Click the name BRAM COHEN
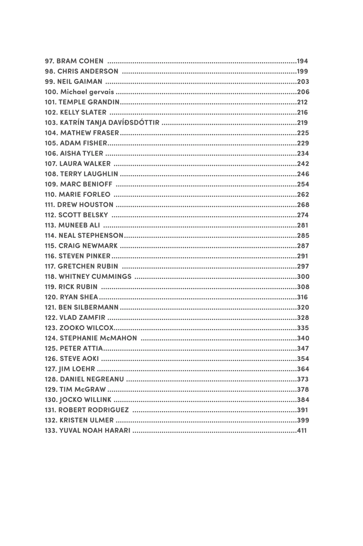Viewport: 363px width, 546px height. (x=80, y=61)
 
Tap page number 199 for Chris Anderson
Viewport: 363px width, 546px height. (x=303, y=71)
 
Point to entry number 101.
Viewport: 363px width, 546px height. (x=50, y=102)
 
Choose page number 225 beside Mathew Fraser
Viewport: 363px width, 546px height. (x=303, y=133)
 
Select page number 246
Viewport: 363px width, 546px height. (x=303, y=174)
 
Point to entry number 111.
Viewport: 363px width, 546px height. (x=50, y=205)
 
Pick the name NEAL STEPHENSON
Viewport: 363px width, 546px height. (x=91, y=236)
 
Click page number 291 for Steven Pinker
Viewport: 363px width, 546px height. (x=303, y=256)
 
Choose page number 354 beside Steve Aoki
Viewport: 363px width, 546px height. (x=303, y=359)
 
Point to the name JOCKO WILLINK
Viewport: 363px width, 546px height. (x=85, y=400)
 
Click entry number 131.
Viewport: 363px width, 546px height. (x=50, y=410)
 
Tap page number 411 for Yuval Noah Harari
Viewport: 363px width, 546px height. (x=302, y=430)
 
